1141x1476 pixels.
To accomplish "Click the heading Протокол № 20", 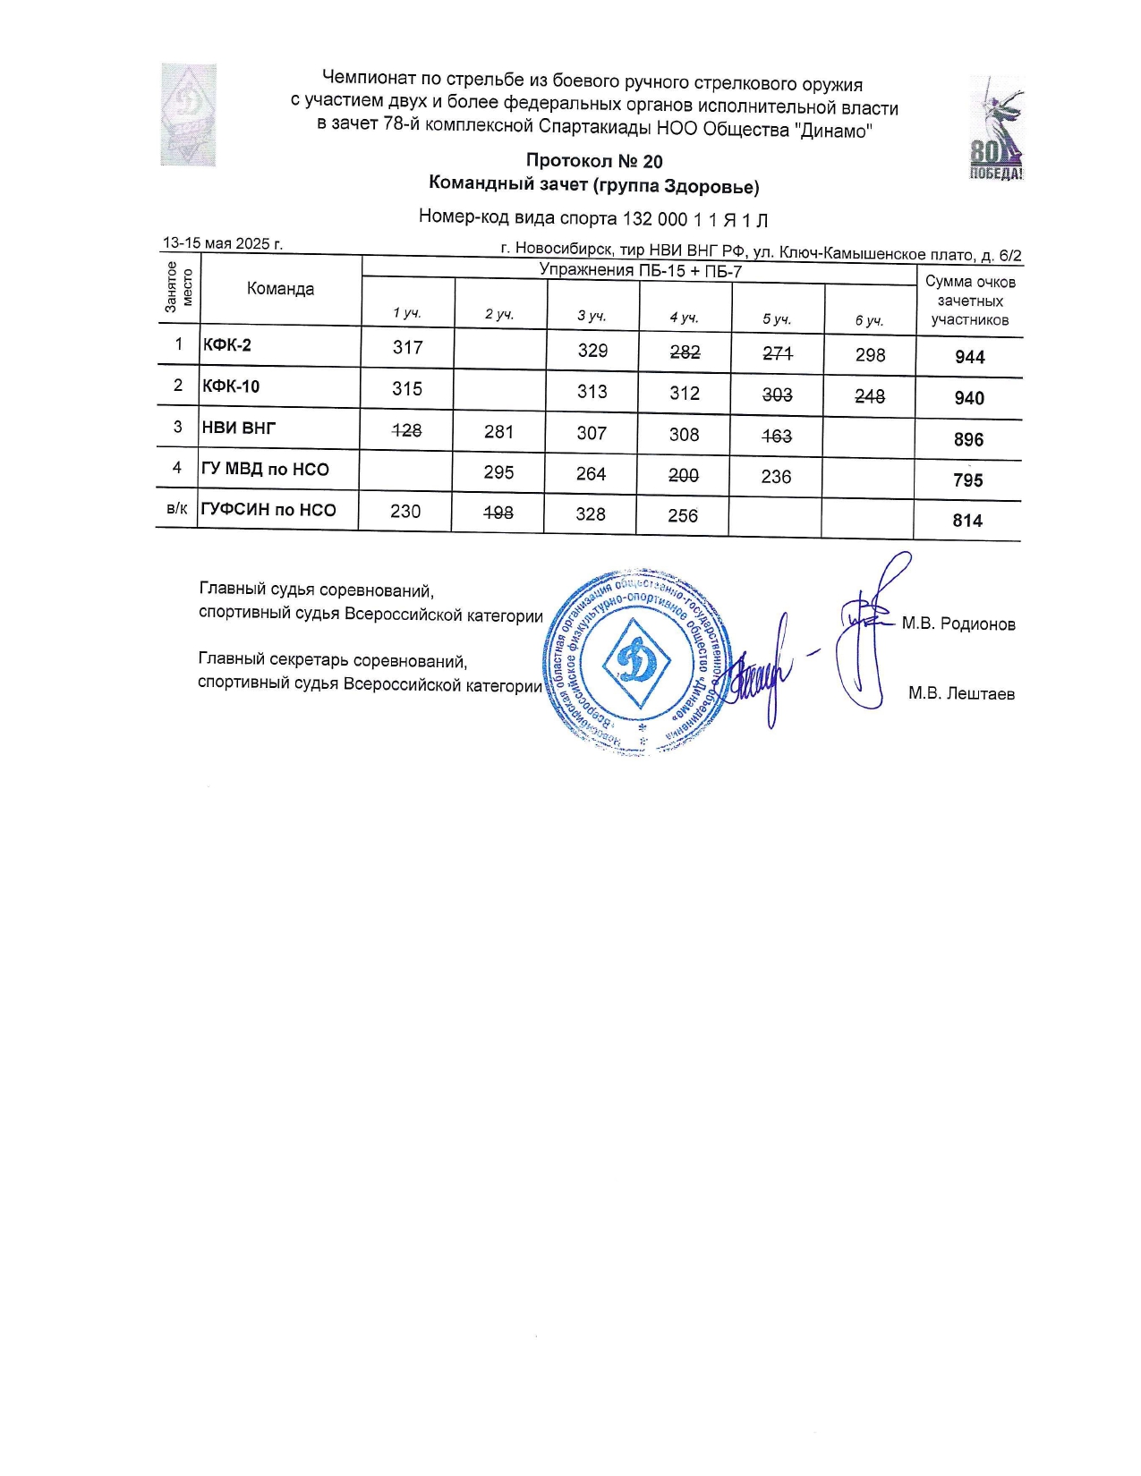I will tap(594, 161).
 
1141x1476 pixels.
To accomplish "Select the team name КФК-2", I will tap(227, 344).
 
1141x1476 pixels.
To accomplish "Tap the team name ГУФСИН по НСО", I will tap(268, 510).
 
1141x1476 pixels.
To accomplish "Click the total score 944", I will tap(969, 357).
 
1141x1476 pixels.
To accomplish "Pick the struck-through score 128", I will tap(407, 430).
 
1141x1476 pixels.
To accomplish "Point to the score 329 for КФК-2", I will tap(592, 350).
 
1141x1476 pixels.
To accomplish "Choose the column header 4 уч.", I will tap(684, 317).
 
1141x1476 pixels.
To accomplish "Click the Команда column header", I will tap(280, 288).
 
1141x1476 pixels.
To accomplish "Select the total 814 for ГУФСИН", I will tap(967, 521).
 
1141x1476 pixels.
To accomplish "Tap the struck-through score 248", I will tap(869, 395).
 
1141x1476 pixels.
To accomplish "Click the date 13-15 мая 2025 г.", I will tap(223, 243).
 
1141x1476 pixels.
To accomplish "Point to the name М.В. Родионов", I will tap(958, 623).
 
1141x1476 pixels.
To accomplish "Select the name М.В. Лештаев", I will tap(961, 693).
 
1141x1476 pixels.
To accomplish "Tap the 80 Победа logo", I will tap(996, 128).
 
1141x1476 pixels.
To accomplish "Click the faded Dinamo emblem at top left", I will tap(188, 115).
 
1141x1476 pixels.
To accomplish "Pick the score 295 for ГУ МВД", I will tap(498, 471).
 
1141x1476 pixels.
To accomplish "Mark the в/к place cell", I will tap(177, 509).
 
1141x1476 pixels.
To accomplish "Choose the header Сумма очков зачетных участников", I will tap(970, 301).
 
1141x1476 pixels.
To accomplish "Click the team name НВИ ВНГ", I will tap(239, 428).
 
